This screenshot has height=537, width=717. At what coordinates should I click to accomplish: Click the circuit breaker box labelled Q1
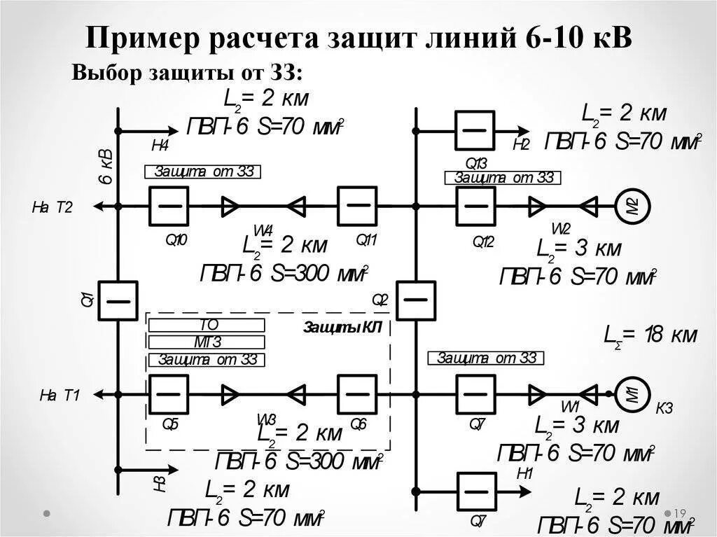point(118,301)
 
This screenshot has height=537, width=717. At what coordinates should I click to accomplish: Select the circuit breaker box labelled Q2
point(416,301)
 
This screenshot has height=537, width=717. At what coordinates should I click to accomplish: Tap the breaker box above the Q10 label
point(169,206)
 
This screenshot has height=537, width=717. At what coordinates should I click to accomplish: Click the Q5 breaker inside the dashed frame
point(168,394)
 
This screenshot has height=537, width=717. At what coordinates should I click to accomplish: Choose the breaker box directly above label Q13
point(475,130)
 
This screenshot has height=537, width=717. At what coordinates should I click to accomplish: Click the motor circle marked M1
point(632,395)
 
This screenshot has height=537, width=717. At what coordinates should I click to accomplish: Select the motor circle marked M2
point(632,206)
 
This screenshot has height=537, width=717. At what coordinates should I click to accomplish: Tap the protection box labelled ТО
point(207,326)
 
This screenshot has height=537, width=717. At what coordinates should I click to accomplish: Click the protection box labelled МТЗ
point(207,342)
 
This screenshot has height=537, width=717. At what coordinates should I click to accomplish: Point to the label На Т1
point(60,396)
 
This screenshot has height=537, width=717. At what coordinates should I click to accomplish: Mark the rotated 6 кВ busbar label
point(106,167)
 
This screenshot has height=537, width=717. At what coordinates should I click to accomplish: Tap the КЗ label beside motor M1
point(664,408)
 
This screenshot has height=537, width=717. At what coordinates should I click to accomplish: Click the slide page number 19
point(678,514)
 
